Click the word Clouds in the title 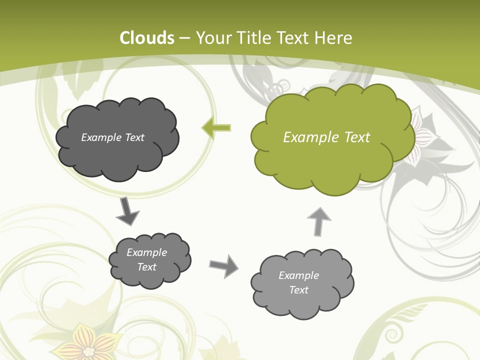[x=147, y=38]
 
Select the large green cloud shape [x=330, y=150]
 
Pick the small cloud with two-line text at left [x=150, y=272]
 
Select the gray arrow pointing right [x=224, y=266]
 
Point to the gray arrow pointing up [x=318, y=221]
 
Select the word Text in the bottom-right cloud [x=298, y=290]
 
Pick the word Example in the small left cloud [x=147, y=252]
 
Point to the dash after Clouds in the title [x=184, y=38]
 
